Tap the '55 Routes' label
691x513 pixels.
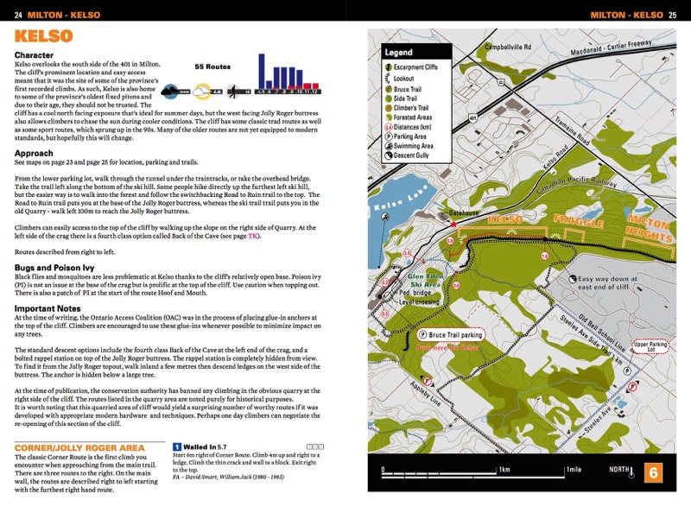pyautogui.click(x=212, y=66)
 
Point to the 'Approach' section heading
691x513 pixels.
pyautogui.click(x=34, y=153)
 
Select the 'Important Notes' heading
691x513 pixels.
pyautogui.click(x=48, y=307)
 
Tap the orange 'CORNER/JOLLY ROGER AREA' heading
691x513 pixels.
pyautogui.click(x=79, y=447)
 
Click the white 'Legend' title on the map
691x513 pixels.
pyautogui.click(x=399, y=52)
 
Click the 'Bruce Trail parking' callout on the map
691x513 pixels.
pyautogui.click(x=451, y=333)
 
